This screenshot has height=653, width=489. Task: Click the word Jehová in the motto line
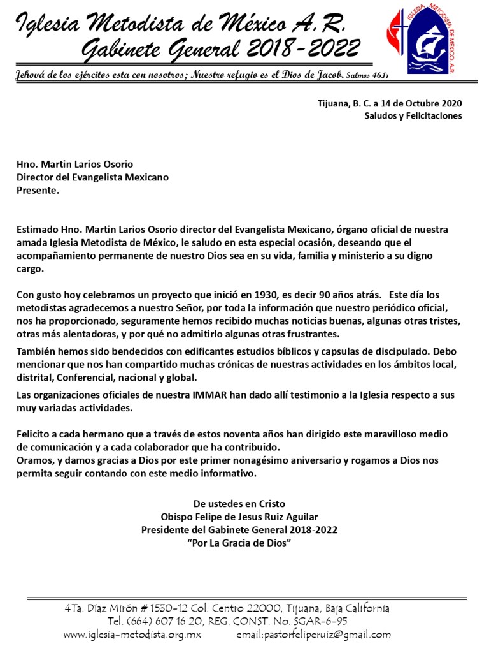(x=32, y=75)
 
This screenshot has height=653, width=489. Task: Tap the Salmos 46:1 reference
(x=367, y=76)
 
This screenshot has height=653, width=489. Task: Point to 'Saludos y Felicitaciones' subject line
(x=413, y=115)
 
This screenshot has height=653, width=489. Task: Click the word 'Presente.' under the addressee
(x=38, y=190)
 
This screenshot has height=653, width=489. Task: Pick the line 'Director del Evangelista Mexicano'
(x=92, y=177)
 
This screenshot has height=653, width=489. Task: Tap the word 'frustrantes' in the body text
(x=315, y=334)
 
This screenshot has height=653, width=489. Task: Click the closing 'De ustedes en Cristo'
(x=239, y=504)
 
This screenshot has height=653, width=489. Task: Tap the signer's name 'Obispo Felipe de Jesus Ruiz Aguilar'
(x=239, y=517)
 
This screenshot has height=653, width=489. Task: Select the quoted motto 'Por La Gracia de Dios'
(x=239, y=542)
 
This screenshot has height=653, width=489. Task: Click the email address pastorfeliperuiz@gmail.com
(x=313, y=635)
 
